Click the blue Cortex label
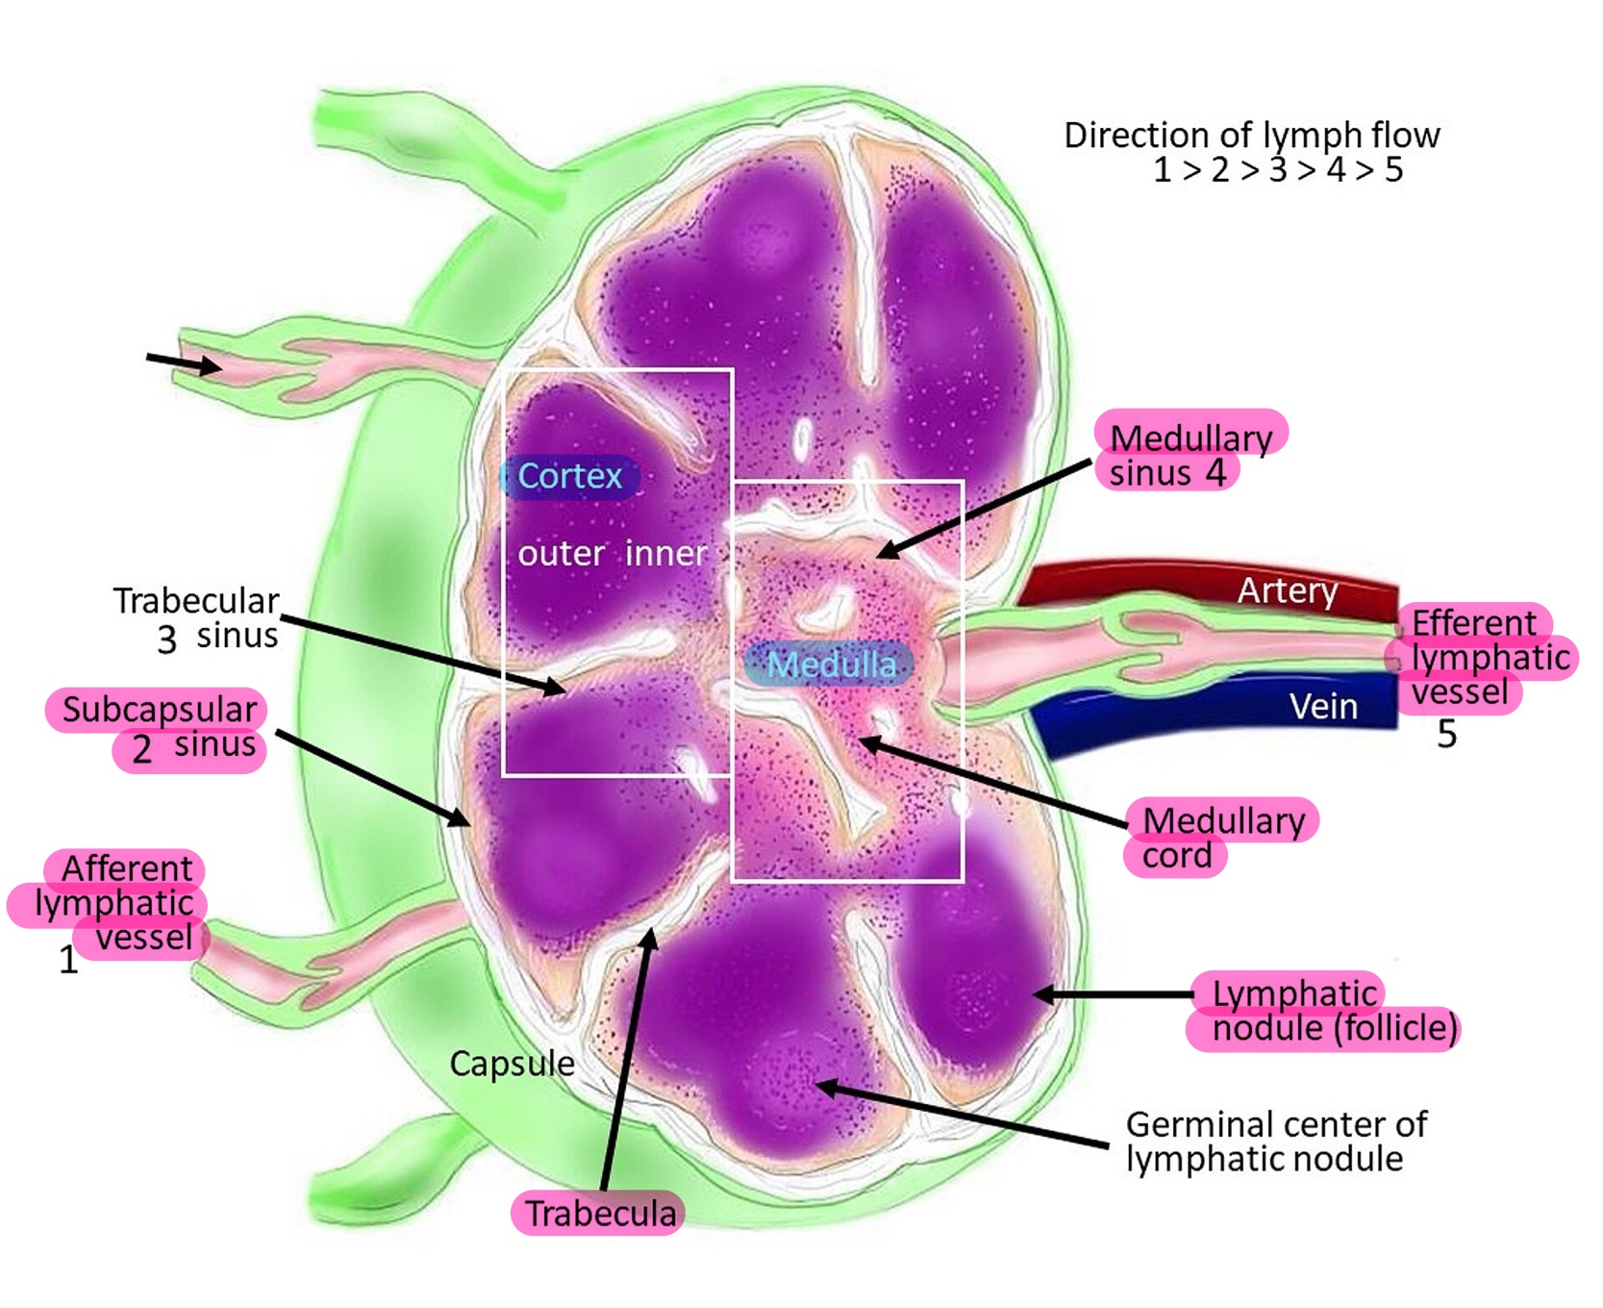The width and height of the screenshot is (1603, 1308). pos(569,476)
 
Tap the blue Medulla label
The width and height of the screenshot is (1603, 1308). pos(831,665)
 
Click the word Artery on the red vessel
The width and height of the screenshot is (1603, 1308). pos(1287,591)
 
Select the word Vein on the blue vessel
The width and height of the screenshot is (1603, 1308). pos(1323,707)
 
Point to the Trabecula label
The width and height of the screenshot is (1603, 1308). pos(599,1214)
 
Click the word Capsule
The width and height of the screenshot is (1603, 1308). pos(512,1064)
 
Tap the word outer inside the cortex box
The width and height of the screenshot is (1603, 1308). pos(561,554)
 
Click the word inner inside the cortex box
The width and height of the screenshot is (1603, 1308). pos(665,554)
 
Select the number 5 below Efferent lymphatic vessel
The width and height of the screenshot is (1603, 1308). pos(1446,735)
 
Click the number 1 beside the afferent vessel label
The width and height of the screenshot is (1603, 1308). pos(68,960)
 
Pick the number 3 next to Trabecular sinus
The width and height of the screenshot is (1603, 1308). pos(167,640)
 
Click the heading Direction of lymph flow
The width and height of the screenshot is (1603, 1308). pos(1251,136)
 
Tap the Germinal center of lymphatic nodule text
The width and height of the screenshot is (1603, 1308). pos(1276,1142)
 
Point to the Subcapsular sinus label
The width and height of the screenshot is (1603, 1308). pos(159,728)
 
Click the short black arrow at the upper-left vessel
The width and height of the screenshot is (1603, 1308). pos(183,363)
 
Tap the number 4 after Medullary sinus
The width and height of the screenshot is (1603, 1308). pos(1215,473)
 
